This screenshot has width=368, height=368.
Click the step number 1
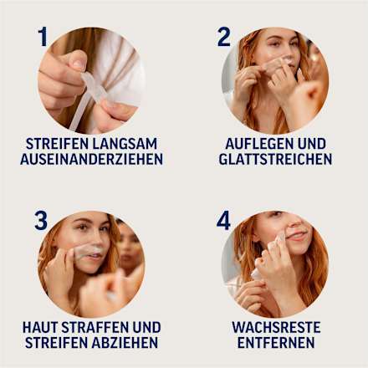point(43,36)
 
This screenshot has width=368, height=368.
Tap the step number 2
point(223,36)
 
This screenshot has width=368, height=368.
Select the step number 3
point(41,221)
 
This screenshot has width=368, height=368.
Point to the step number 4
point(223,221)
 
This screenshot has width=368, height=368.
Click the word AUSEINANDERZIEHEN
point(92,159)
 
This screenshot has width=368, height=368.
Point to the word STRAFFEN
point(95,327)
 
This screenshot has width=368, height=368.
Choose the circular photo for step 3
point(91,264)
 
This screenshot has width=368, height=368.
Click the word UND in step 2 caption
point(311,143)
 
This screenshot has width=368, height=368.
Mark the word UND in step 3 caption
point(147,327)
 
